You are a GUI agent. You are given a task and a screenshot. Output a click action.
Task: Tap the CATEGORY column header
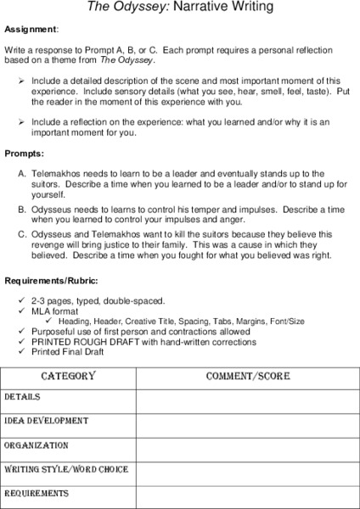[x=68, y=376]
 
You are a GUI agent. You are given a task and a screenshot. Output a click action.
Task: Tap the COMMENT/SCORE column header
[x=247, y=376]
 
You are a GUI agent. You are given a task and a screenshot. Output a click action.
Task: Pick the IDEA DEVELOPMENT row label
[x=46, y=420]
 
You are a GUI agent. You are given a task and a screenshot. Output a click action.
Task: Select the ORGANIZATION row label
[x=36, y=445]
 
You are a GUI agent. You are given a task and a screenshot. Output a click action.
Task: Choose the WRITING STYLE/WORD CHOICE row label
[x=66, y=469]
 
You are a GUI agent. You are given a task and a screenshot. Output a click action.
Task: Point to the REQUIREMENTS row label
[x=37, y=493]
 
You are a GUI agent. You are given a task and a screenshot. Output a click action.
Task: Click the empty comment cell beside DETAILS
[x=247, y=398]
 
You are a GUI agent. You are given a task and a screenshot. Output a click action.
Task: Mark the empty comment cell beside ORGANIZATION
[x=247, y=446]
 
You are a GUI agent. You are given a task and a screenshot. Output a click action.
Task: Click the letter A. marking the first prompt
[x=22, y=173]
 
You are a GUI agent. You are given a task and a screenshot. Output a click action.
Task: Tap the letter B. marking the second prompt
[x=22, y=208]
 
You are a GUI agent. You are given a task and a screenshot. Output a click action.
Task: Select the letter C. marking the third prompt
[x=22, y=232]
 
